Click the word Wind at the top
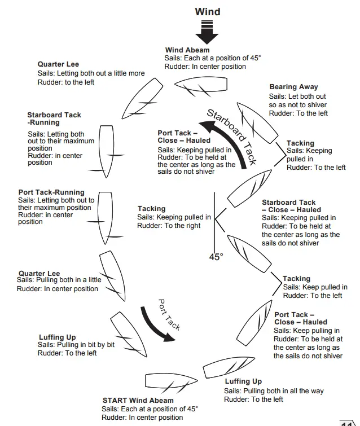tap(208, 11)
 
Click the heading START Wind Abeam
tap(138, 401)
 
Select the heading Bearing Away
tap(293, 87)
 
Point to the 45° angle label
tap(216, 257)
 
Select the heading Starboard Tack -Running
tap(54, 118)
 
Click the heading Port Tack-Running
tap(51, 192)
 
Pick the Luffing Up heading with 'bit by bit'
tap(57, 337)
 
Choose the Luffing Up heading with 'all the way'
tap(243, 381)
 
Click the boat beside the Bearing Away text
tap(257, 122)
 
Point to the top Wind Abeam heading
tap(187, 50)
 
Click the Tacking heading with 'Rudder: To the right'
tap(151, 209)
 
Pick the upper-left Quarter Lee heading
tap(58, 64)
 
